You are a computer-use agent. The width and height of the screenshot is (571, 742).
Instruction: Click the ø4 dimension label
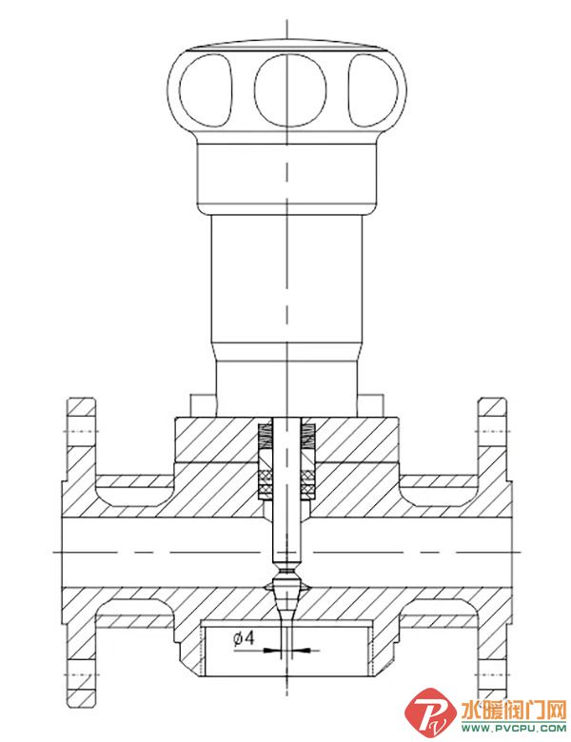coord(244,638)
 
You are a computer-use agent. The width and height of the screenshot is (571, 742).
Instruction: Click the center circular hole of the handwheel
coord(289,90)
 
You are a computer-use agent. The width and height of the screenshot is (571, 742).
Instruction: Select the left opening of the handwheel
coord(207,90)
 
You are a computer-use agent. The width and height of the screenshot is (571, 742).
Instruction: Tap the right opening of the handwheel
coord(373,90)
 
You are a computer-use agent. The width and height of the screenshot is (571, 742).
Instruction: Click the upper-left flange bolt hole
coord(81,431)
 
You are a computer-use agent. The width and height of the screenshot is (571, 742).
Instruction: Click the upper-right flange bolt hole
coord(492,431)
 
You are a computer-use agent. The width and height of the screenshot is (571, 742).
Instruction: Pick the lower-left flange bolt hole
coord(83,674)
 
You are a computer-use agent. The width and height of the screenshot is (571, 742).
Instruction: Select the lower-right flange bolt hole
coord(492,674)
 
